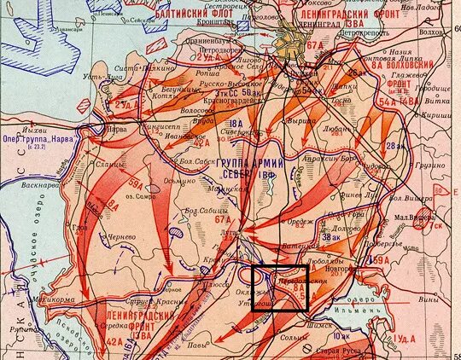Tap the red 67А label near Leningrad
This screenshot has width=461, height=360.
[x=316, y=44]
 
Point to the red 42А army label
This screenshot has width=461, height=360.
[x=116, y=339]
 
